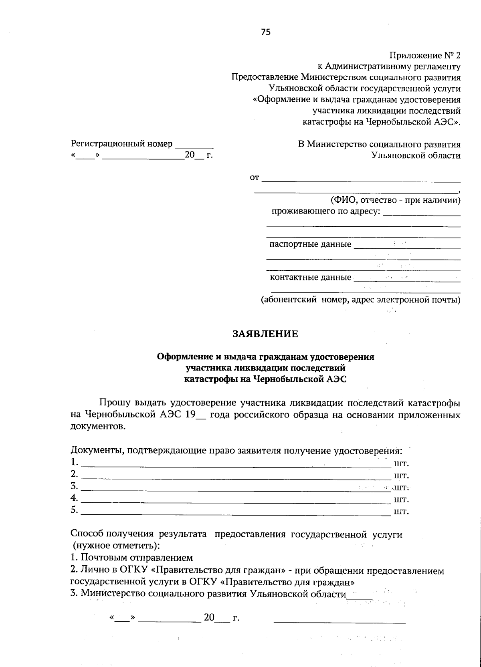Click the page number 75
(266, 32)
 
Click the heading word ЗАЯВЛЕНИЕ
(266, 334)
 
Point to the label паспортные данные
(310, 244)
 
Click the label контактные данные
(310, 277)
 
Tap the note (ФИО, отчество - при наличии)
(395, 200)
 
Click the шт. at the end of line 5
(401, 512)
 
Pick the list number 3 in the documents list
(74, 486)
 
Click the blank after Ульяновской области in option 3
(360, 596)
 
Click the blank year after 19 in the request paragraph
(201, 416)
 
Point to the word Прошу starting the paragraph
(112, 403)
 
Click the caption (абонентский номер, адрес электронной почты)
(360, 299)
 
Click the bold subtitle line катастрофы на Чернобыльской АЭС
(265, 379)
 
